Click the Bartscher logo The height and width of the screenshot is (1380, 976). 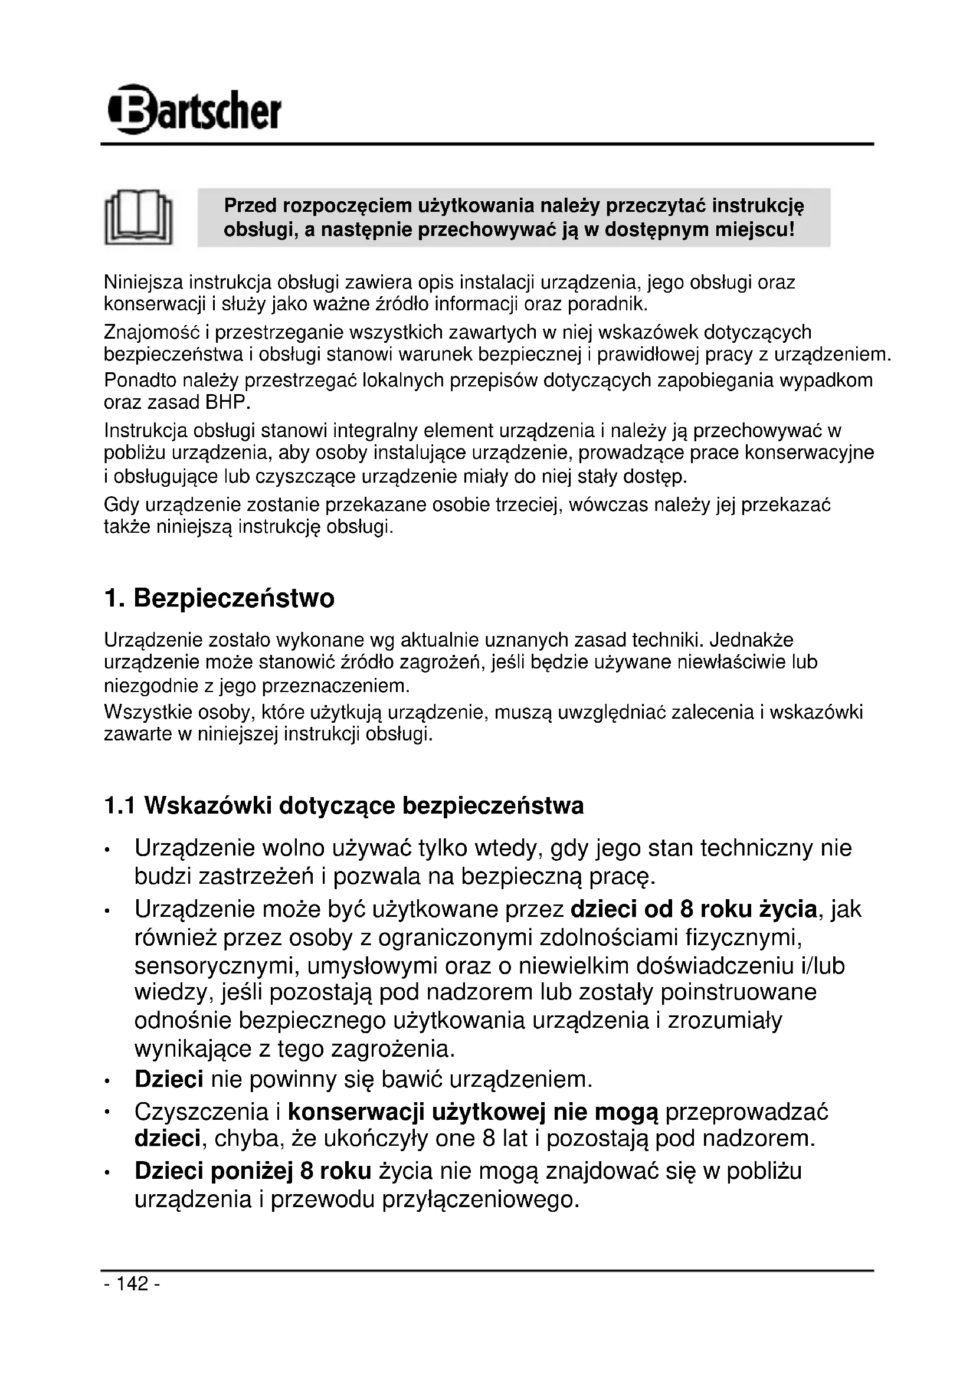[x=194, y=110]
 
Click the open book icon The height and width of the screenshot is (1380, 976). [x=138, y=218]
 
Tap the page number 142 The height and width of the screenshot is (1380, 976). [x=132, y=1284]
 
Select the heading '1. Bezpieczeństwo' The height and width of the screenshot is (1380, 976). [x=220, y=599]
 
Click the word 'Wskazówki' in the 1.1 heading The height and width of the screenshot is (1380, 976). [x=207, y=806]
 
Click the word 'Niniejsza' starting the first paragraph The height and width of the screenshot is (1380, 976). [x=143, y=282]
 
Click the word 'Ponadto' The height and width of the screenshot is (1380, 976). [x=139, y=381]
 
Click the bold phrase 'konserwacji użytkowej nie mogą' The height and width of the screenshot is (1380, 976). [x=473, y=1113]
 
